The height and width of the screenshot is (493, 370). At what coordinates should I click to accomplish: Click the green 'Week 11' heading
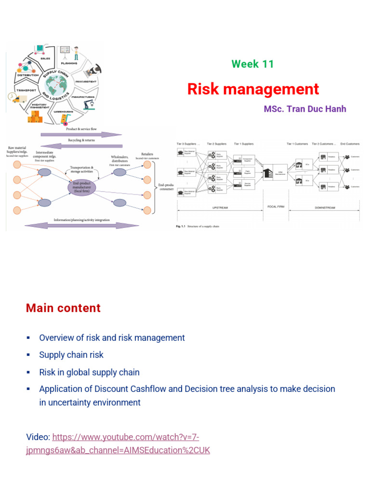click(x=252, y=64)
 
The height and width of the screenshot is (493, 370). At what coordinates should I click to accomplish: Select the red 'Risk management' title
click(x=253, y=89)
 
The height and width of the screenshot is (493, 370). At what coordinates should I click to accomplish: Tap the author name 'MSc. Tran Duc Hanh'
click(x=304, y=109)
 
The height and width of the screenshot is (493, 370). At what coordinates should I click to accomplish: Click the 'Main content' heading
click(x=63, y=308)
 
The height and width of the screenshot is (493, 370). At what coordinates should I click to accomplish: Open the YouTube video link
click(x=118, y=444)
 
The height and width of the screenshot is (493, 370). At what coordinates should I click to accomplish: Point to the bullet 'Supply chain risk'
click(x=71, y=355)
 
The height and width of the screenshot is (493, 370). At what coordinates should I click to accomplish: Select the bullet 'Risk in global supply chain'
click(x=89, y=372)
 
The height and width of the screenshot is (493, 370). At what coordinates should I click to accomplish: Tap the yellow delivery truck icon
click(x=19, y=99)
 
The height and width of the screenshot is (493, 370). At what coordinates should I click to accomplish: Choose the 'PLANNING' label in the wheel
click(x=69, y=63)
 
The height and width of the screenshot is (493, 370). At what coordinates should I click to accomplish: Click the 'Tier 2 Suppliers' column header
click(x=217, y=143)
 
